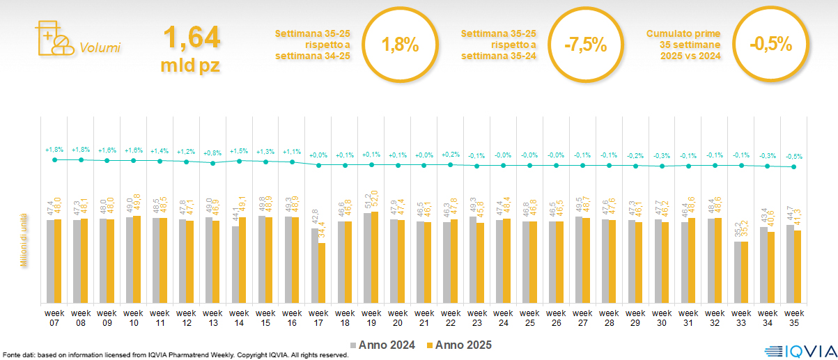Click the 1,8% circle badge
[x=400, y=46]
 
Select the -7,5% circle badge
[x=586, y=46]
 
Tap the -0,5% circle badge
[x=771, y=45]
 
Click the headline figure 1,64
[x=192, y=38]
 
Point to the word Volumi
[x=100, y=48]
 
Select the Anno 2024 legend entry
[x=382, y=345]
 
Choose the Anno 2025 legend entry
[x=459, y=345]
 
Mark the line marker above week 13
[x=213, y=163]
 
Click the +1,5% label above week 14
[x=239, y=150]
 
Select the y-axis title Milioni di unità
[x=23, y=240]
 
